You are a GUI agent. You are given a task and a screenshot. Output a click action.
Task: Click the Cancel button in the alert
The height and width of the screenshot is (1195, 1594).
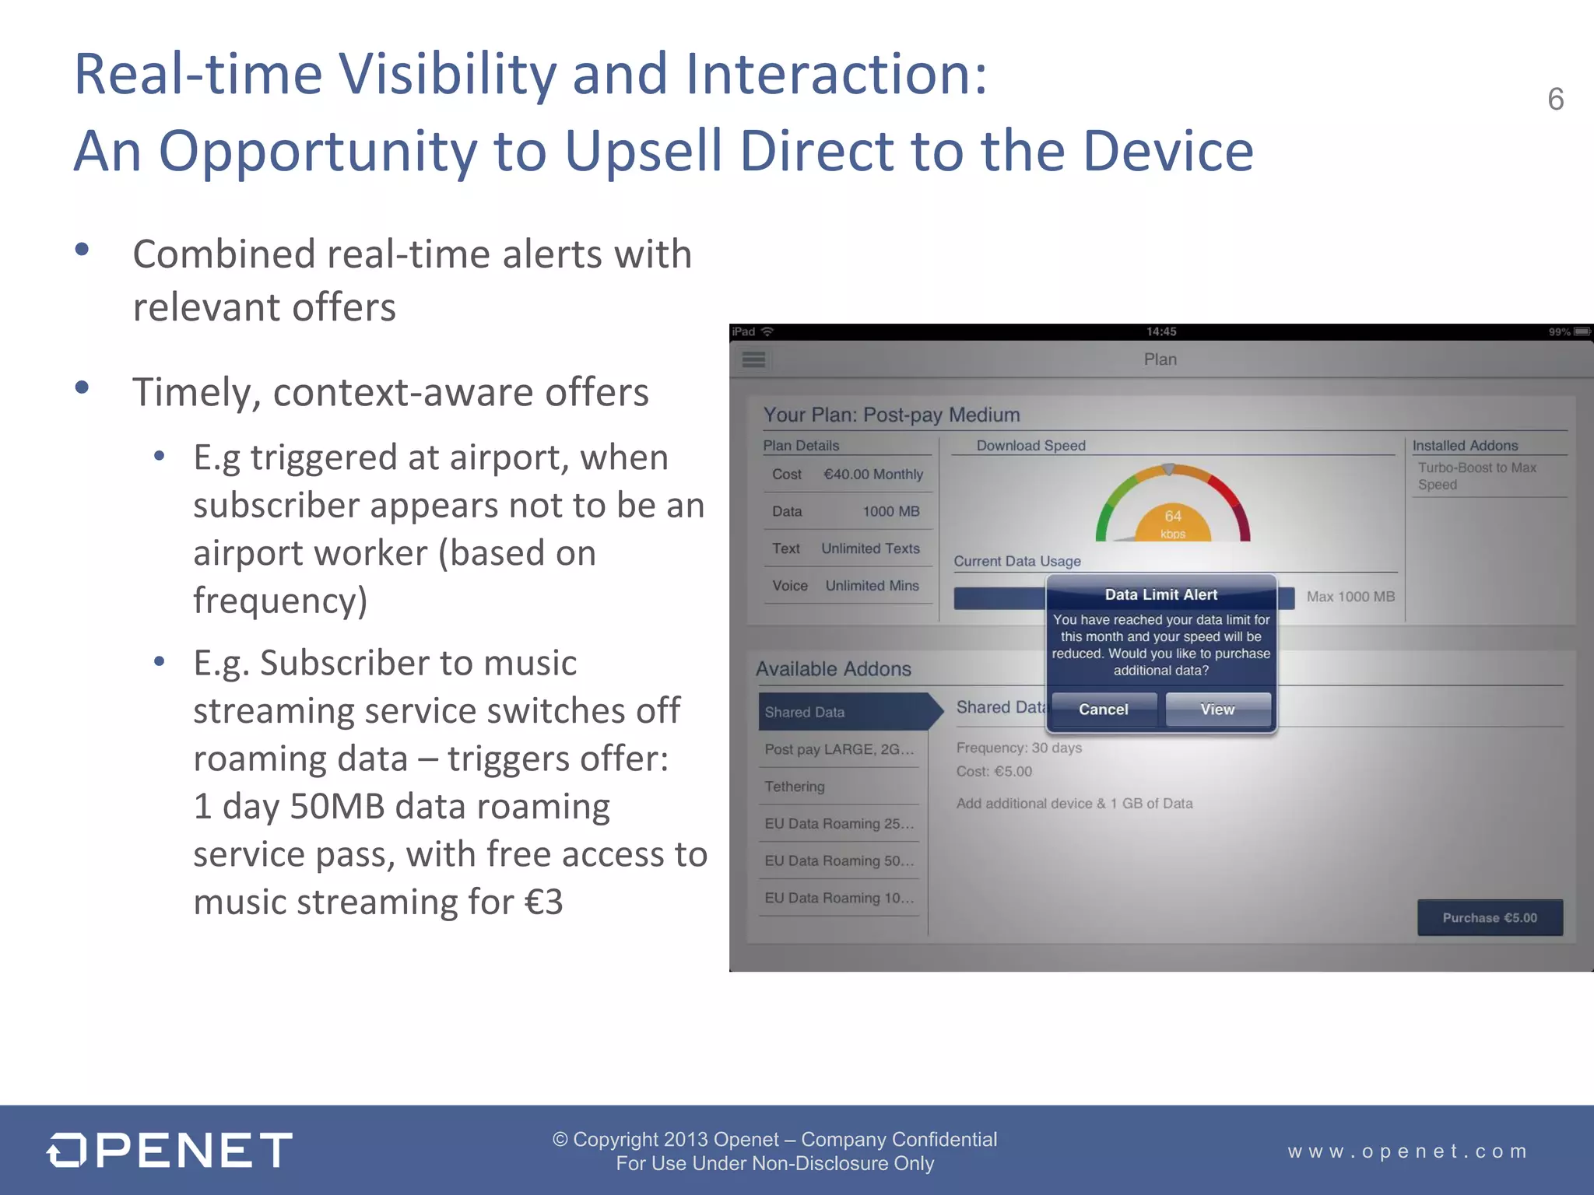tap(1103, 710)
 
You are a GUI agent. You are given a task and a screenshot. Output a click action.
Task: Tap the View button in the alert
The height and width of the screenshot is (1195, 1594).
tap(1217, 710)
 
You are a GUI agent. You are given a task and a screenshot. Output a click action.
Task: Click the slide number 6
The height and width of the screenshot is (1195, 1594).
tap(1555, 100)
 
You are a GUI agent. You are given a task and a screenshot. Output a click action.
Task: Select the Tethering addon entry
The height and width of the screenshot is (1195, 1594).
tap(795, 787)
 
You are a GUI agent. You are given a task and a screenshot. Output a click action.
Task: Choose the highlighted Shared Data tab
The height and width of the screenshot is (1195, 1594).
tap(844, 712)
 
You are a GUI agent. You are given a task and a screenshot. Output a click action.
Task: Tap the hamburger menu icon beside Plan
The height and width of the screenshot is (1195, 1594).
tap(753, 359)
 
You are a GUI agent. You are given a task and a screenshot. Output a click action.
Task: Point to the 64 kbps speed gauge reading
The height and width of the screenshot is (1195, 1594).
tap(1173, 522)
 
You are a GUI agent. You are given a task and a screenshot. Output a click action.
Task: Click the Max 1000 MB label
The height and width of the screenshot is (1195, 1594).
tap(1350, 597)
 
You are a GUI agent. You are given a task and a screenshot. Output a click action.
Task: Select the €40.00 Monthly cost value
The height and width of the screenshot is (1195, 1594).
tap(873, 475)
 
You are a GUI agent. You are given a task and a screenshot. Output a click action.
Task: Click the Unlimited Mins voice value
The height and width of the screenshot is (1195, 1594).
tap(872, 586)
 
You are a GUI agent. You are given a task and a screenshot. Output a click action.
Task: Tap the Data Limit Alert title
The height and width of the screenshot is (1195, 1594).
tap(1160, 594)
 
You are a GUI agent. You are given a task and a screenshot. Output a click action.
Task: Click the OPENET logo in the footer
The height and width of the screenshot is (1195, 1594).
tap(170, 1150)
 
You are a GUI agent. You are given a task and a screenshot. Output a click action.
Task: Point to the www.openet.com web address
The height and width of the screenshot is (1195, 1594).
tap(1407, 1151)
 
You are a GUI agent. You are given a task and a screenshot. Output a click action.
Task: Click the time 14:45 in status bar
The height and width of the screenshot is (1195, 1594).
tap(1160, 332)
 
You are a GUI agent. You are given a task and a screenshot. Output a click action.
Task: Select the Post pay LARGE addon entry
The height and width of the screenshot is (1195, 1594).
tap(839, 749)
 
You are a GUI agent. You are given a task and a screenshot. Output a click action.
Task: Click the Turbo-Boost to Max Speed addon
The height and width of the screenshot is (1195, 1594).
tap(1476, 476)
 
